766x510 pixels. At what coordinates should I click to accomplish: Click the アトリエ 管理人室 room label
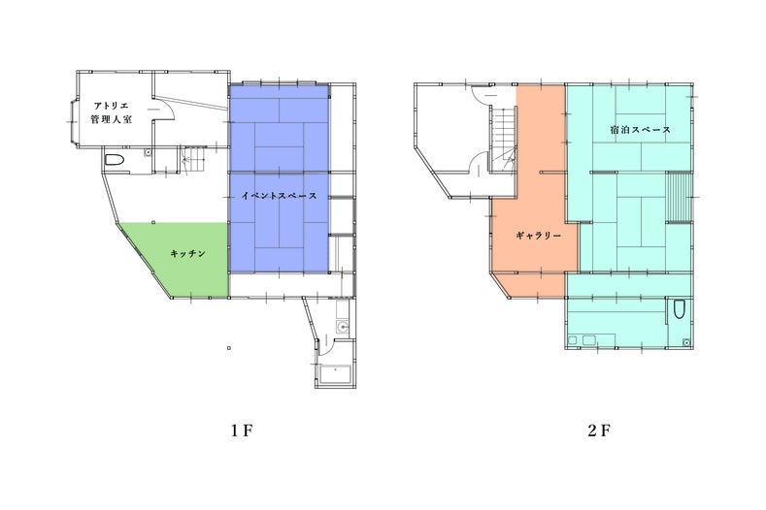point(112,112)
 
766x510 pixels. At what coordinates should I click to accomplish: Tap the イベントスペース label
point(279,196)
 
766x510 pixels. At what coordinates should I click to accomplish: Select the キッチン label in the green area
point(188,254)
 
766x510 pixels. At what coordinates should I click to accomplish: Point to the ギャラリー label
point(539,236)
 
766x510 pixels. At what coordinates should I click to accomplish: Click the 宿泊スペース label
point(640,129)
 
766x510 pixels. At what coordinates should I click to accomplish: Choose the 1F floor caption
point(243,430)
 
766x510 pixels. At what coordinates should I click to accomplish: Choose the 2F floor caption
point(599,430)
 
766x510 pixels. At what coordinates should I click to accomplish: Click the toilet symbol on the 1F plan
point(114,160)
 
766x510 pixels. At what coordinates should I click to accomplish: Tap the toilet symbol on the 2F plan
point(679,309)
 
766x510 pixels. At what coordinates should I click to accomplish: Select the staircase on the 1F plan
point(191,159)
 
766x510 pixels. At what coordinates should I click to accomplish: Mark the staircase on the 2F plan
point(503,139)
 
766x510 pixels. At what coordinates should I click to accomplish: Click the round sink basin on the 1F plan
point(344,327)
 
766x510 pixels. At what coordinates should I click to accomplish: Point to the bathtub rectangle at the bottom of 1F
point(336,374)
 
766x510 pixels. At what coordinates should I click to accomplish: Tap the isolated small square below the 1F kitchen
point(229,348)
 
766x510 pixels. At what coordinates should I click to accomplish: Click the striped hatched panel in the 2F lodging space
point(679,197)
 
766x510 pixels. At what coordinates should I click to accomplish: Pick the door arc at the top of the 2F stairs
point(482,94)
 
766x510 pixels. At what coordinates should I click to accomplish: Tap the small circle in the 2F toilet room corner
point(686,342)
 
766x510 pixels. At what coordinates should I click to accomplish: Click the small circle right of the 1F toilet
point(147,153)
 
